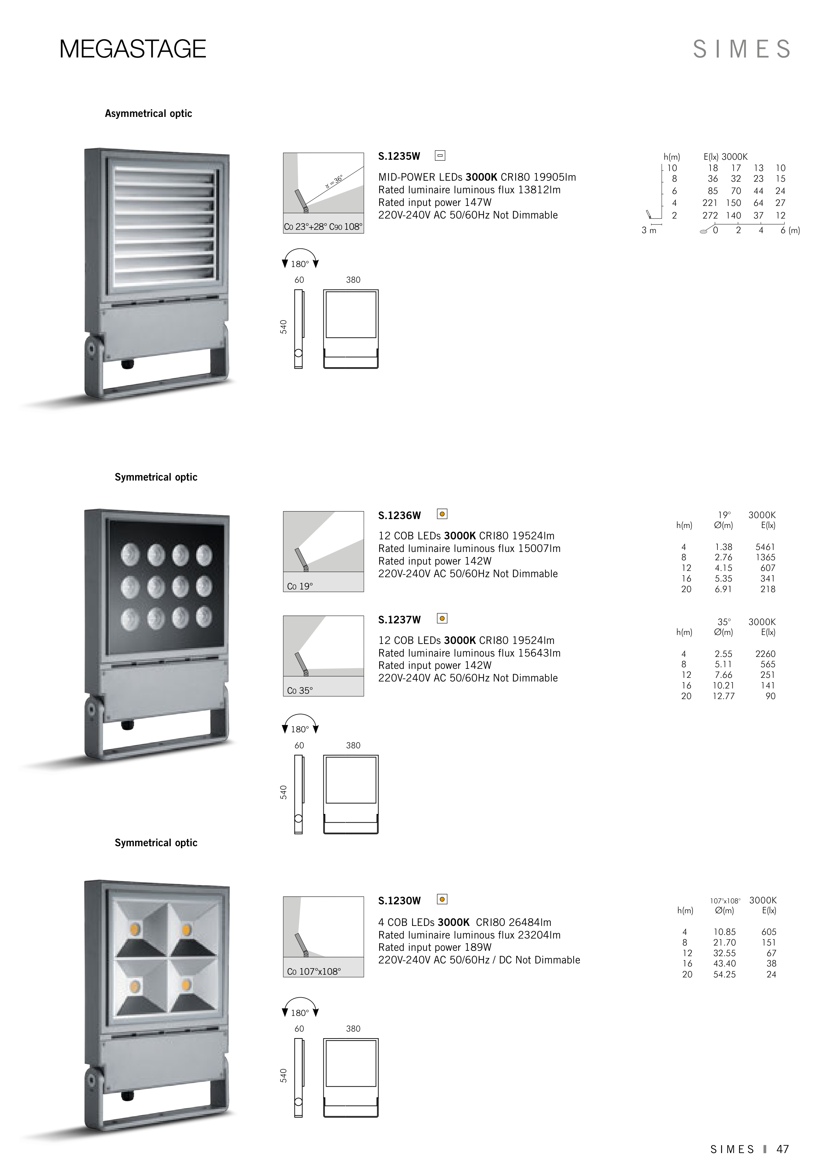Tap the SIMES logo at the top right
(x=741, y=49)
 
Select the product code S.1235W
(x=399, y=156)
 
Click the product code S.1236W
(x=399, y=515)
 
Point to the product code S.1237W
(x=399, y=620)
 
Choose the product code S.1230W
(x=399, y=901)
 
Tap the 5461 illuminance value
(x=765, y=547)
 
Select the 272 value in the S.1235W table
(x=709, y=216)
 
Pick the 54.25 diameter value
(x=724, y=974)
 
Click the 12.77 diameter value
(x=723, y=696)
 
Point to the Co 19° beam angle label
(x=300, y=586)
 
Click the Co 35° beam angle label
(x=300, y=691)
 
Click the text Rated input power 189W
(x=435, y=947)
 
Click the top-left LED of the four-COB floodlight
(x=136, y=927)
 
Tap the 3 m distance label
(x=649, y=230)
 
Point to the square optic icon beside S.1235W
(x=440, y=155)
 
